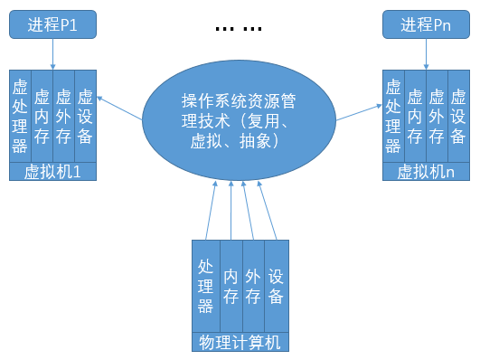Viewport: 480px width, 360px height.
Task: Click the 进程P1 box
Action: tap(53, 24)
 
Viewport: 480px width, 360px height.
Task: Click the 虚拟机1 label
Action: tap(53, 172)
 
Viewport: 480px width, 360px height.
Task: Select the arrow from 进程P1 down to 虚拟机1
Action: tap(53, 53)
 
